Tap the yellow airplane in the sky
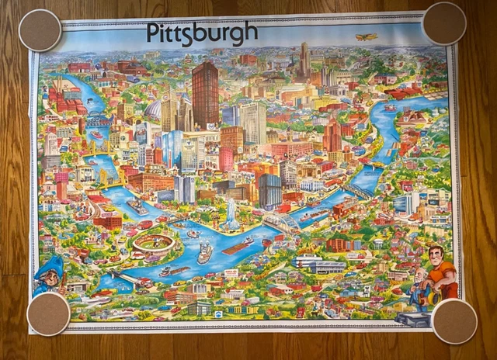(x=367, y=36)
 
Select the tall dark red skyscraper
(x=205, y=95)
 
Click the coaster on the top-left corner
(x=40, y=30)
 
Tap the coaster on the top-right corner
(x=444, y=23)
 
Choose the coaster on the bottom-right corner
(x=455, y=320)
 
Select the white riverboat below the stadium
(x=203, y=254)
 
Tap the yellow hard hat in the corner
(x=430, y=295)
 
